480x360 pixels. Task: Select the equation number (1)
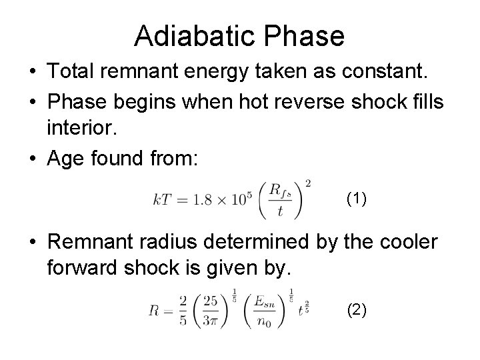pos(357,198)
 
